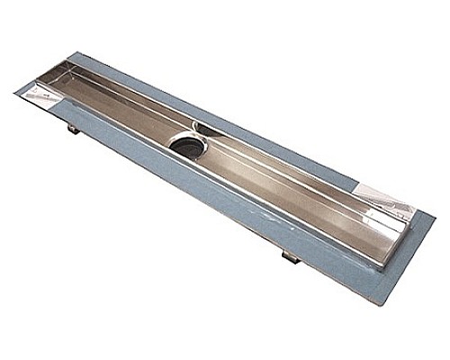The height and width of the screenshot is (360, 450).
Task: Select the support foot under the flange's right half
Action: coord(287,257)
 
